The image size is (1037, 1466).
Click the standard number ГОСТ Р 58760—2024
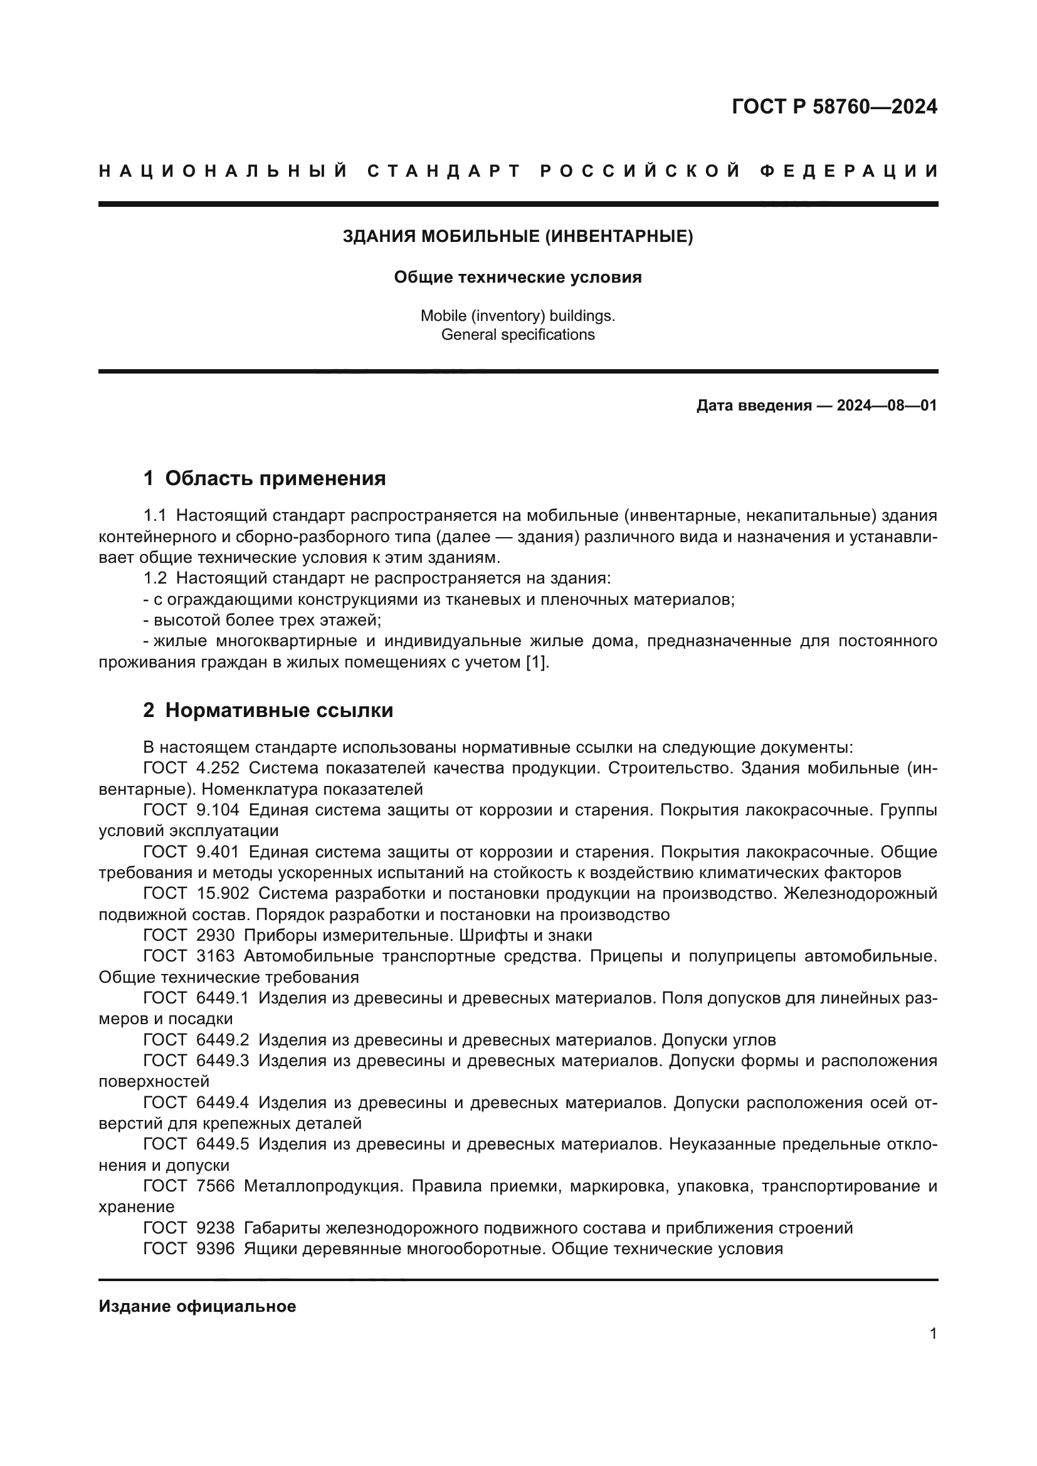[834, 107]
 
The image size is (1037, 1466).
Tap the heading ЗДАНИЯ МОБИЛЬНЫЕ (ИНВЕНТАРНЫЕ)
[518, 236]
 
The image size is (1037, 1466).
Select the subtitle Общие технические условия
[518, 277]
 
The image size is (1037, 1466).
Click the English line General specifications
[518, 335]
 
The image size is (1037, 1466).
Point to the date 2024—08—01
[887, 406]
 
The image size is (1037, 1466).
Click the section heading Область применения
[275, 478]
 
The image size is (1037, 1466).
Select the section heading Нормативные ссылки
[279, 710]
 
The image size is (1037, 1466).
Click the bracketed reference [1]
[535, 662]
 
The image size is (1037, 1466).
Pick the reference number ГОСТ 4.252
[191, 768]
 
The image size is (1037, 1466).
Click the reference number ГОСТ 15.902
[196, 894]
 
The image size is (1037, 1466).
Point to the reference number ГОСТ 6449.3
[196, 1061]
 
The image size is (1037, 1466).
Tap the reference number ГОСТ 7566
[188, 1186]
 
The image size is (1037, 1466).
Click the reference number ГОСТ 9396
[188, 1249]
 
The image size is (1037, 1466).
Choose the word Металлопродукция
[324, 1186]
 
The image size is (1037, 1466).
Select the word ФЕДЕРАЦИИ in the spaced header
[850, 171]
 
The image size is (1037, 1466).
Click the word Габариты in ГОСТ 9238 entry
[282, 1228]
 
